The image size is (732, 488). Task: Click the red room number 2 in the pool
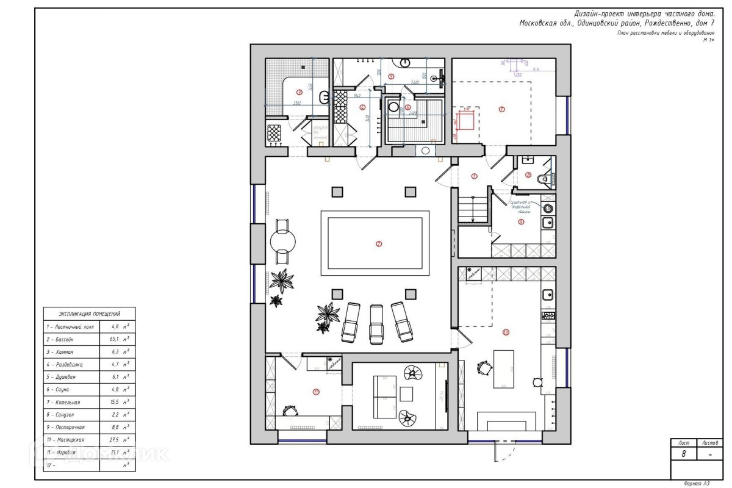point(379,244)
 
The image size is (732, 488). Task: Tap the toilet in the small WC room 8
point(542,179)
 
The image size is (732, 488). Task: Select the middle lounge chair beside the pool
point(375,322)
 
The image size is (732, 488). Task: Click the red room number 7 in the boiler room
point(501,110)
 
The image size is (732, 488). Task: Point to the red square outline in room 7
point(467,121)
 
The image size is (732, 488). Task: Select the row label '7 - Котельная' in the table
point(63,403)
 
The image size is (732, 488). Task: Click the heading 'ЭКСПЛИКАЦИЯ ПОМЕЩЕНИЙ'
point(89,314)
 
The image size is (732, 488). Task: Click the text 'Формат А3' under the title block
point(697,483)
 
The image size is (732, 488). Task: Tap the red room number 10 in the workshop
point(506,332)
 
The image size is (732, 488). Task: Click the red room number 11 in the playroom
point(316,392)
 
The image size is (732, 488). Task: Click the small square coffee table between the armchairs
point(406,394)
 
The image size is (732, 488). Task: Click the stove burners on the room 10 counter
point(548,316)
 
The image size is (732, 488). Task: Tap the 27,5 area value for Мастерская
point(114,439)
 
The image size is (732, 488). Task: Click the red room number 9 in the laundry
point(521,222)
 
